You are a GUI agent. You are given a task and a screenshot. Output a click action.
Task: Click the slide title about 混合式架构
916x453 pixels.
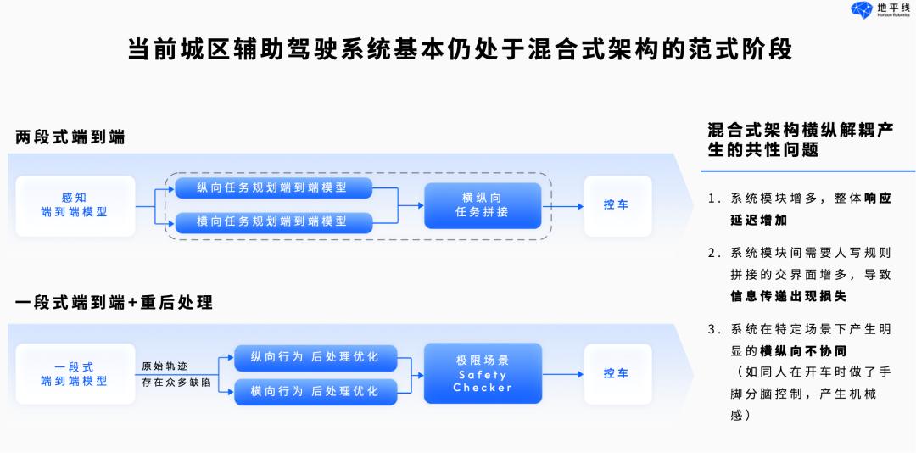pyautogui.click(x=459, y=48)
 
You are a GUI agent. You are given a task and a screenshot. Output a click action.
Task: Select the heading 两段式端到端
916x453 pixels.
pyautogui.click(x=70, y=137)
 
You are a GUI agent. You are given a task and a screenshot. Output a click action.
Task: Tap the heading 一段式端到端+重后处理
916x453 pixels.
pyautogui.click(x=114, y=302)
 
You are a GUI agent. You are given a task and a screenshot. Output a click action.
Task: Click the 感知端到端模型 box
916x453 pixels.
pyautogui.click(x=75, y=205)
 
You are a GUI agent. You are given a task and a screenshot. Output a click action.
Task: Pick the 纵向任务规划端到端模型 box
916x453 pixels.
pyautogui.click(x=273, y=187)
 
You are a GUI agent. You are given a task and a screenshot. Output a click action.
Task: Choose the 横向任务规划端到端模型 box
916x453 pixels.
pyautogui.click(x=273, y=221)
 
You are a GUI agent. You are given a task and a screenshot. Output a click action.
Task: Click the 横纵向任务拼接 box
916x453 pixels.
pyautogui.click(x=482, y=205)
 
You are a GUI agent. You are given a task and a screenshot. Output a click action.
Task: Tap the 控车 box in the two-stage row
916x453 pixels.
pyautogui.click(x=617, y=205)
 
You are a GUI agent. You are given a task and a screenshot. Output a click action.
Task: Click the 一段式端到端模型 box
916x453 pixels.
pyautogui.click(x=75, y=374)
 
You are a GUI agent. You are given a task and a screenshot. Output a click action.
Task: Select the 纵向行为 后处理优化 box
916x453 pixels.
pyautogui.click(x=315, y=357)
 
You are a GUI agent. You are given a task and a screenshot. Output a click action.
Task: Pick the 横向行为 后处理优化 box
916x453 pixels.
pyautogui.click(x=315, y=391)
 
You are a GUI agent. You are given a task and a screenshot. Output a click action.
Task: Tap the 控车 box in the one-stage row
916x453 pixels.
pyautogui.click(x=617, y=373)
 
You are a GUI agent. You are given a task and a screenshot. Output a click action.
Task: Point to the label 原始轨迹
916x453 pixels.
pyautogui.click(x=165, y=366)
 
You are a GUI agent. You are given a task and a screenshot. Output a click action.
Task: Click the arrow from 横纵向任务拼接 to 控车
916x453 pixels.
pyautogui.click(x=562, y=205)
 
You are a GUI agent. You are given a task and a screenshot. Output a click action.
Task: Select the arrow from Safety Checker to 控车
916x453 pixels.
pyautogui.click(x=562, y=374)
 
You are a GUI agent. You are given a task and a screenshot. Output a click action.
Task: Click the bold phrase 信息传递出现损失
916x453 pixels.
pyautogui.click(x=789, y=297)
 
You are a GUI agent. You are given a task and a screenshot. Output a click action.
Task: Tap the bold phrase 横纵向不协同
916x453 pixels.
pyautogui.click(x=803, y=350)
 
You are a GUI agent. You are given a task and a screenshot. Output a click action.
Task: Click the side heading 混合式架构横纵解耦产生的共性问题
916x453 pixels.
pyautogui.click(x=801, y=140)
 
